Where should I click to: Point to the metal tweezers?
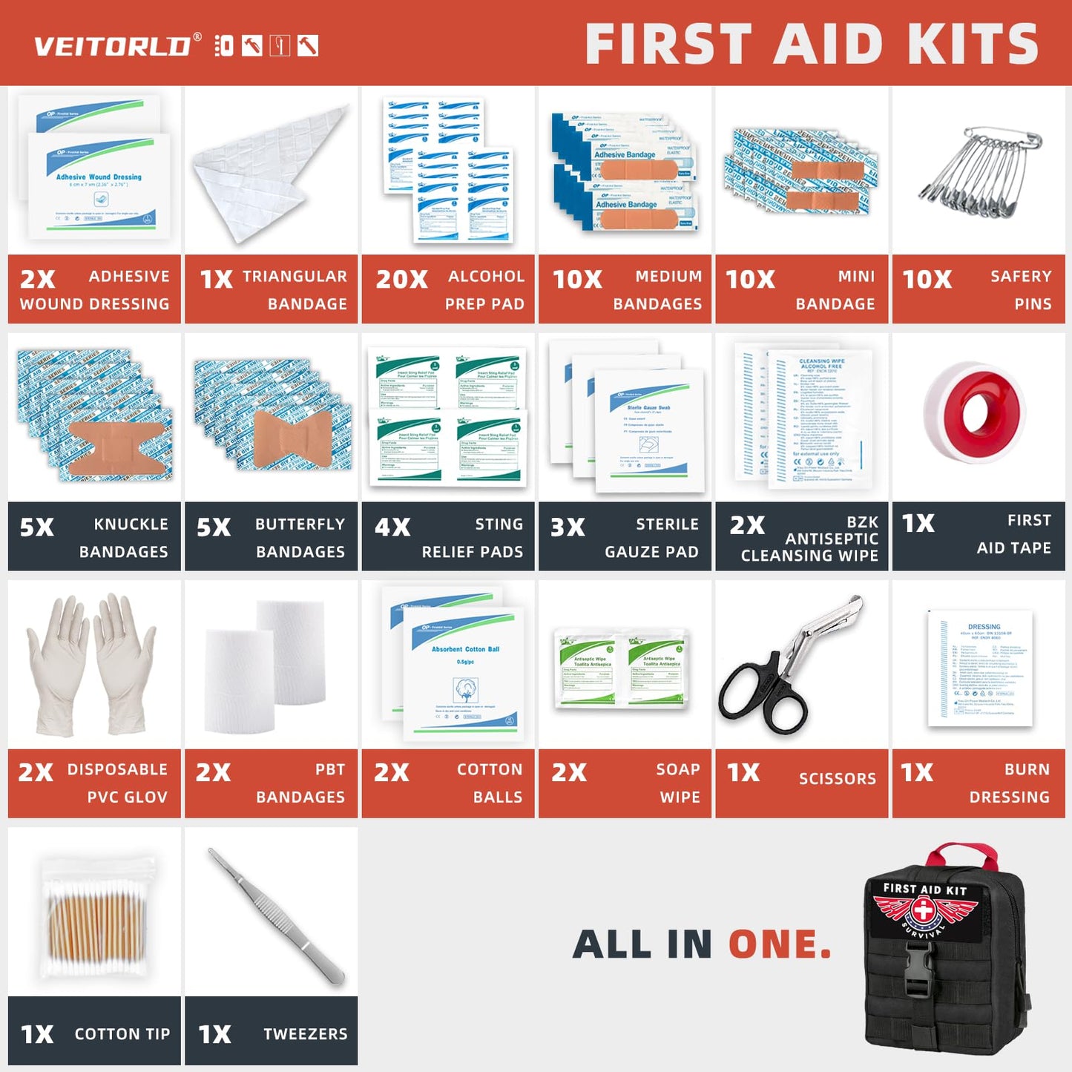click(276, 916)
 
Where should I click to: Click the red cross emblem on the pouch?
click(923, 909)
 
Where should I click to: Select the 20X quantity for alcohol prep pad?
click(401, 280)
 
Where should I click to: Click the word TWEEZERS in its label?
click(305, 1033)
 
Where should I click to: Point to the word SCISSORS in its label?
click(837, 778)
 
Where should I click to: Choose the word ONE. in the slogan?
click(779, 944)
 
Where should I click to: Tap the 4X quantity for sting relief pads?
click(392, 527)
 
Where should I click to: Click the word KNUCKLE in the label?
click(131, 525)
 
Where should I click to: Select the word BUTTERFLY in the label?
click(300, 525)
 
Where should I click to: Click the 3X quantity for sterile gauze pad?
click(568, 527)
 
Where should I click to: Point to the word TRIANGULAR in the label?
click(295, 277)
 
